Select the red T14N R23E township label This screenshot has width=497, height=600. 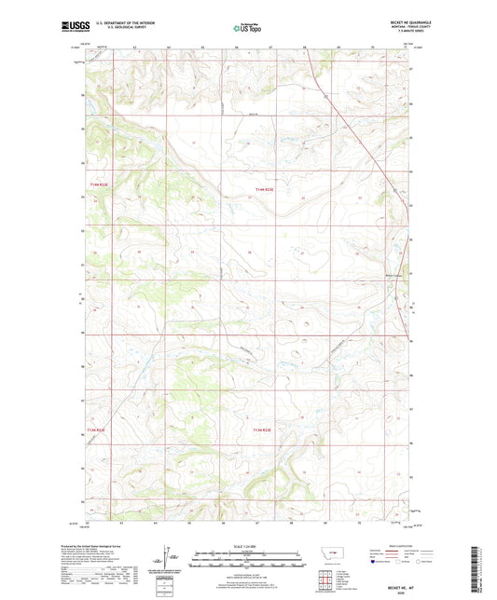pos(265,191)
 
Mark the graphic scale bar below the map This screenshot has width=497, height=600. pos(248,562)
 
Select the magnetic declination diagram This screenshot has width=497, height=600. pos(173,560)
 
